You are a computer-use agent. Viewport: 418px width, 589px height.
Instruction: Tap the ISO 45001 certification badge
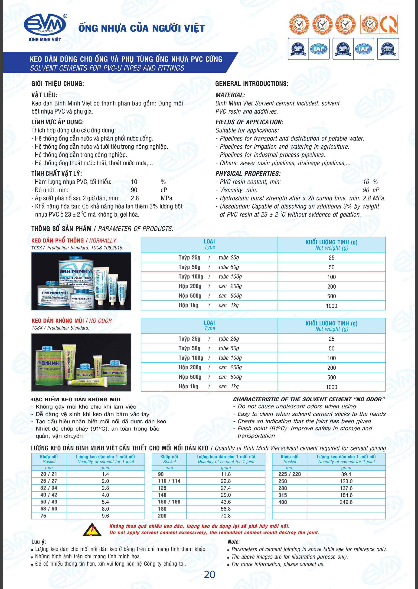(388, 49)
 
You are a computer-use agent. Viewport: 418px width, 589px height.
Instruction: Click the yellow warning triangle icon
(92, 530)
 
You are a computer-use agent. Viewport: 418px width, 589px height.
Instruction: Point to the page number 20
(209, 574)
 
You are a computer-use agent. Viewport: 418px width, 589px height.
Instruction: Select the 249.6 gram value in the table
(346, 502)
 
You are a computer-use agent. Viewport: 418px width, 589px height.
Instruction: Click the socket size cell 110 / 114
(169, 481)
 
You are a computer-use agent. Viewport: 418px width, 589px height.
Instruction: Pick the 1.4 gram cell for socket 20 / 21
(105, 474)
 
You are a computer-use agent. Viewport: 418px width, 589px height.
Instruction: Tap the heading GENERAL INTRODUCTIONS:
(251, 84)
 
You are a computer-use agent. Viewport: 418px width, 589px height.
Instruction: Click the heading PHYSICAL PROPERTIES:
(248, 173)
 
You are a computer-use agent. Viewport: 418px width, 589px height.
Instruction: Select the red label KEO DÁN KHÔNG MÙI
(58, 321)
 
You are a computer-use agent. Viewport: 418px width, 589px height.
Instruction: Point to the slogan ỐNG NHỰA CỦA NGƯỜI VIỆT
(142, 28)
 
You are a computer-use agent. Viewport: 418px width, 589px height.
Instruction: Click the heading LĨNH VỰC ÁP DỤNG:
(57, 122)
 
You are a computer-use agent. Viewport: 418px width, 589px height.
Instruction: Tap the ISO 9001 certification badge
(298, 49)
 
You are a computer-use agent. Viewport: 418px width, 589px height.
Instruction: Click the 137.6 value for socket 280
(346, 488)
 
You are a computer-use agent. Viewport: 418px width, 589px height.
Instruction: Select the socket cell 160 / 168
(169, 502)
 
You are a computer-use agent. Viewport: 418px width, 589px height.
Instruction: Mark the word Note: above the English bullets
(234, 542)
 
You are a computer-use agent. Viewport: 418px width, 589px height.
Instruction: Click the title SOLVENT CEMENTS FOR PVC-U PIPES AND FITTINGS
(107, 68)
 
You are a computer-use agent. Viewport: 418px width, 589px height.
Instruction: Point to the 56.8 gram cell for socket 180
(225, 509)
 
